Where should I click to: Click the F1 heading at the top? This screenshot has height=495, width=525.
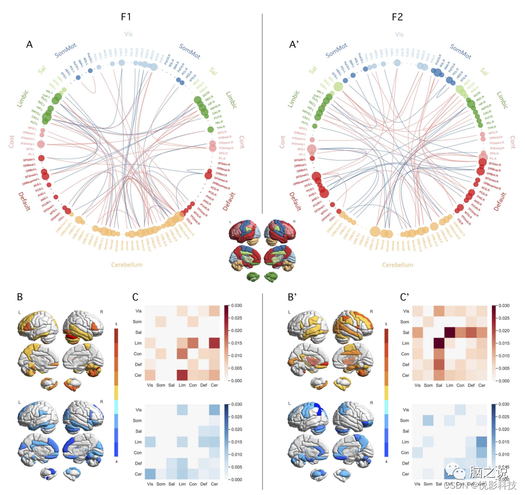click(126, 17)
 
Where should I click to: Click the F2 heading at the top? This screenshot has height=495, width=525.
click(397, 17)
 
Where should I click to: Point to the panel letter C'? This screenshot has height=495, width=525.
click(406, 297)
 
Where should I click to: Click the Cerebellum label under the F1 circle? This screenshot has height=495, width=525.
click(127, 264)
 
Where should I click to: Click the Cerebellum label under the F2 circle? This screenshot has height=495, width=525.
click(398, 264)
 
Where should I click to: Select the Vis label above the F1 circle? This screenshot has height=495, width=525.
click(128, 34)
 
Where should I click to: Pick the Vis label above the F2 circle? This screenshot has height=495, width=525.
click(399, 34)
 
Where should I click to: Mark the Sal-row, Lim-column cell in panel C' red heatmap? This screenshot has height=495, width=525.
click(450, 333)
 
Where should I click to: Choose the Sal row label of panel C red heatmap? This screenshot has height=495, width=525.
click(139, 332)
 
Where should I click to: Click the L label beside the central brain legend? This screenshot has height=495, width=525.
click(231, 221)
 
